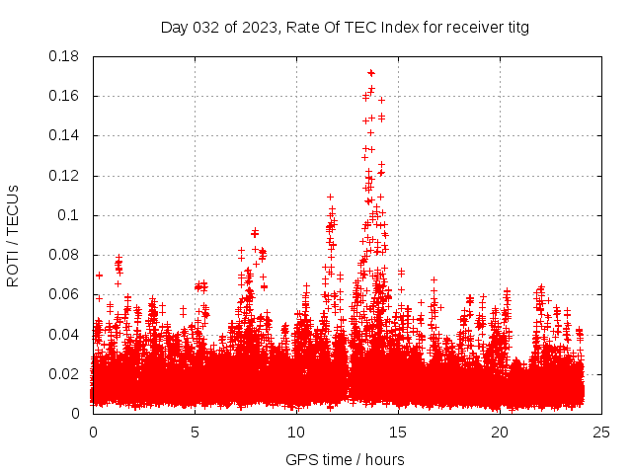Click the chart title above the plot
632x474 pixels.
345,28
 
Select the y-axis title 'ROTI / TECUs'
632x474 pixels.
13,235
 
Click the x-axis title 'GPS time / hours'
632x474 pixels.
345,459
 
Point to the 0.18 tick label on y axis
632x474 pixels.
65,56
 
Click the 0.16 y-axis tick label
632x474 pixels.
65,96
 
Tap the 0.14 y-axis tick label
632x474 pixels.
65,135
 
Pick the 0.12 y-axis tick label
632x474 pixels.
65,176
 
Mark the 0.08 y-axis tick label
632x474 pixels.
65,255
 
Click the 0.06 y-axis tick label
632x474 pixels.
65,294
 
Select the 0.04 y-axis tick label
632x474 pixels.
65,334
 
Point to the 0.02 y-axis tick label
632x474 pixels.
65,373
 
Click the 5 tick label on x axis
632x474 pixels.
195,432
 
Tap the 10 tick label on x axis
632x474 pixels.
296,432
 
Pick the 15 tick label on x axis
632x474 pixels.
398,432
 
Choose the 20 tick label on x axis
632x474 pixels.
500,432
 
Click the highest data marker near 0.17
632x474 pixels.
371,72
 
